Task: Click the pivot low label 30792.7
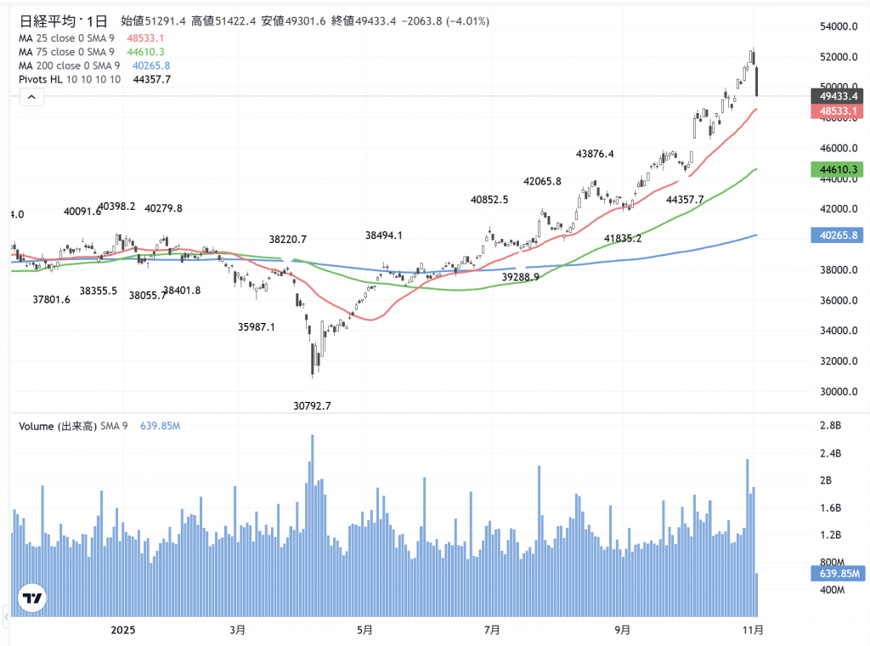(x=312, y=406)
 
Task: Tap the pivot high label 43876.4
(x=595, y=154)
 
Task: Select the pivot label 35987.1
(x=257, y=326)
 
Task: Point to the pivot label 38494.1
(x=384, y=235)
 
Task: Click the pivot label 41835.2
(x=623, y=239)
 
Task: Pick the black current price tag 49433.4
(x=837, y=97)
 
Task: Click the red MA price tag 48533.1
(x=837, y=111)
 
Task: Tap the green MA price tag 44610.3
(x=837, y=170)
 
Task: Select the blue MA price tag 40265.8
(x=837, y=235)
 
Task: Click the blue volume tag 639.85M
(x=837, y=574)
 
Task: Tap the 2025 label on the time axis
(x=124, y=630)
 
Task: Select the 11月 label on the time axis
(x=752, y=630)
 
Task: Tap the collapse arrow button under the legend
(x=31, y=98)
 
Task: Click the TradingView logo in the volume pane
(x=32, y=598)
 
